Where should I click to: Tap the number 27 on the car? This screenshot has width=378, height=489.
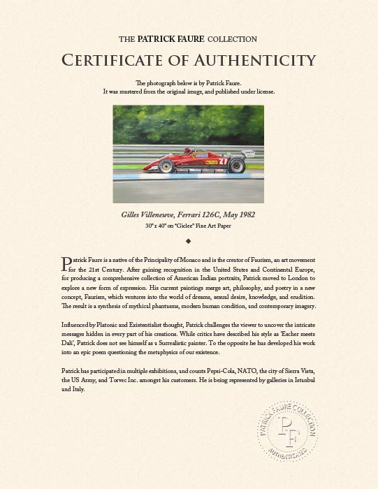point(224,161)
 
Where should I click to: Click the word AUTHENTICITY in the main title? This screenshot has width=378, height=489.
point(244,60)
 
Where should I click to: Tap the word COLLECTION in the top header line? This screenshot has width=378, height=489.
point(232,39)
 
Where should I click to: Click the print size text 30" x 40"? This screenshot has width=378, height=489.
point(158,226)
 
